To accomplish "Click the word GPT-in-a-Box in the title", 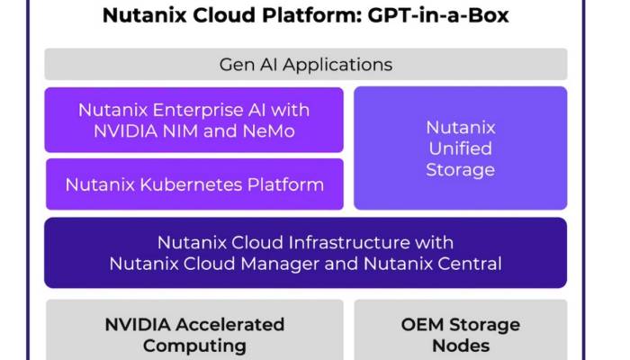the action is click(x=438, y=15).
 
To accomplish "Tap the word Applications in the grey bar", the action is click(x=337, y=66).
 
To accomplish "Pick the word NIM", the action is click(x=179, y=131).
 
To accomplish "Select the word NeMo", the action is click(x=268, y=131).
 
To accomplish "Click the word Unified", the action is click(x=461, y=148).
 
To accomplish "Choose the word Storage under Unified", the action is click(x=461, y=170).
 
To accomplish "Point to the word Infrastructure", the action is click(x=349, y=243).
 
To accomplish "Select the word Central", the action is click(x=469, y=264).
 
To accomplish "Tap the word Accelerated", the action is click(x=230, y=325).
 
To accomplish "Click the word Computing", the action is click(x=194, y=346).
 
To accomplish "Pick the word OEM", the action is click(x=422, y=325).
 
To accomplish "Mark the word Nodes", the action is click(x=461, y=346).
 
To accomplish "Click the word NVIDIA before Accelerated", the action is click(x=138, y=325).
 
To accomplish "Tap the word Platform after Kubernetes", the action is click(x=285, y=184).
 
